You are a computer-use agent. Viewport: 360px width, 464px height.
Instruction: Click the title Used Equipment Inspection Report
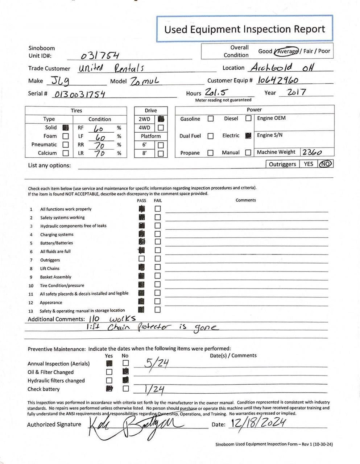pyautogui.click(x=245, y=29)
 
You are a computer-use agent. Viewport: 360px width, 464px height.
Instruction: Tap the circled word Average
pyautogui.click(x=287, y=51)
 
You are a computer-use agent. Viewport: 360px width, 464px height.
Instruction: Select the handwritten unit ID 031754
pyautogui.click(x=100, y=55)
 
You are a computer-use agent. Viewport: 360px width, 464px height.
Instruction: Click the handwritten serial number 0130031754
pyautogui.click(x=79, y=94)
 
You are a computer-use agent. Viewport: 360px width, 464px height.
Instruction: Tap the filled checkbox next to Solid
pyautogui.click(x=66, y=128)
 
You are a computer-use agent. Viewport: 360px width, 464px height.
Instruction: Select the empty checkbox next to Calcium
pyautogui.click(x=66, y=153)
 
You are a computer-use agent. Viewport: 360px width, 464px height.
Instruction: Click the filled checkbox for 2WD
pyautogui.click(x=161, y=119)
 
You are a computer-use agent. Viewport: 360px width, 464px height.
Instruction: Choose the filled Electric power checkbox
pyautogui.click(x=248, y=136)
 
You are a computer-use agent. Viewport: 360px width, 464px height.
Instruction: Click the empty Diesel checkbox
pyautogui.click(x=248, y=118)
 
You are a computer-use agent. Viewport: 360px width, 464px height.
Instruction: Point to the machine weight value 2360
pyautogui.click(x=312, y=153)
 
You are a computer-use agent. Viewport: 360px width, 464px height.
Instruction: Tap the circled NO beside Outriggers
pyautogui.click(x=325, y=164)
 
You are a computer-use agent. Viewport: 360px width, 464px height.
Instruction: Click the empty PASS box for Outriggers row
pyautogui.click(x=141, y=259)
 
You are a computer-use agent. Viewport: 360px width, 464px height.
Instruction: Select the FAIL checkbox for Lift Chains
pyautogui.click(x=158, y=267)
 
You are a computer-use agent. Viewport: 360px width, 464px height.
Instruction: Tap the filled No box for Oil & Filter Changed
pyautogui.click(x=125, y=371)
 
